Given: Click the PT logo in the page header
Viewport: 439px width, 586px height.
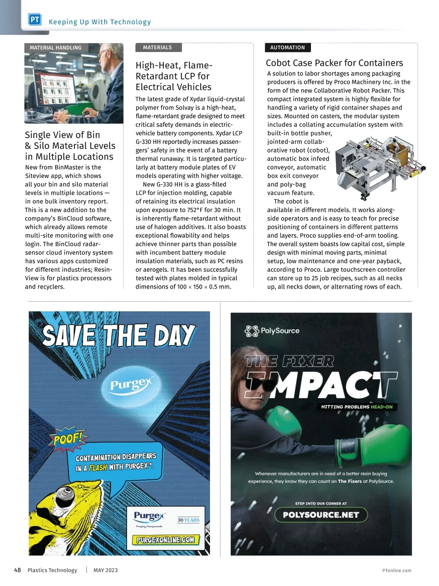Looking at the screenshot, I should click(x=35, y=20).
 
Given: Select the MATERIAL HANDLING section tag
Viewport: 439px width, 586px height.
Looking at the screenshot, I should click(x=56, y=48).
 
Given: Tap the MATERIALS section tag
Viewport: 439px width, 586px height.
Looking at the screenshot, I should click(x=157, y=48).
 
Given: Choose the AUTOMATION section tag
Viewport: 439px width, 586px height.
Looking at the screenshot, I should click(x=287, y=48).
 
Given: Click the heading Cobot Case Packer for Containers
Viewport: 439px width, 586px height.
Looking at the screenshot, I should click(x=334, y=63).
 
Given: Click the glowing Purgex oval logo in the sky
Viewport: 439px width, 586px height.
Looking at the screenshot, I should click(x=131, y=385).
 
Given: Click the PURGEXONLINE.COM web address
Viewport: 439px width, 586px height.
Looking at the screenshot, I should click(x=165, y=539).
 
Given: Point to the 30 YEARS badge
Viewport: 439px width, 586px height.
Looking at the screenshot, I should click(x=188, y=520).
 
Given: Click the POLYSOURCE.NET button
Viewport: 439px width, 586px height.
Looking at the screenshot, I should click(x=321, y=515).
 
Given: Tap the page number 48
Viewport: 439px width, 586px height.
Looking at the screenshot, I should click(x=17, y=570).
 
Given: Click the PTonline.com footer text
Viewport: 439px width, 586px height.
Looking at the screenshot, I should click(x=397, y=570).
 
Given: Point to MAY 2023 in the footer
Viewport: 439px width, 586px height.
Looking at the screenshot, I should click(x=105, y=570).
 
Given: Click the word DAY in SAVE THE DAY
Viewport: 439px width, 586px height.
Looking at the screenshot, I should click(x=174, y=335).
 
